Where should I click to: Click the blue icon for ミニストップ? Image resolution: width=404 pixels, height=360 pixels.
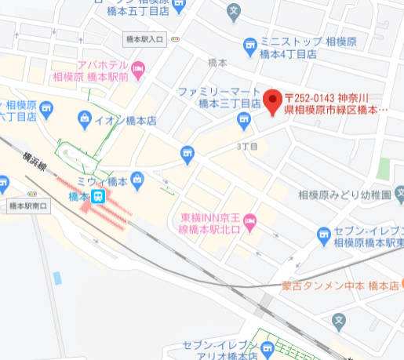coord(250,45)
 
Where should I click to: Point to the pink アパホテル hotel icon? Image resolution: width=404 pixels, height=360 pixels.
coord(139,70)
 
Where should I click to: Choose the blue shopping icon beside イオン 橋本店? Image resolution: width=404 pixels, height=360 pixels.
coord(86,120)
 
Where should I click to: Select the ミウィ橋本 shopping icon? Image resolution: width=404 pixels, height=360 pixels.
coord(136,180)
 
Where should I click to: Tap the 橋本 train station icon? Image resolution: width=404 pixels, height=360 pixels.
coord(98,197)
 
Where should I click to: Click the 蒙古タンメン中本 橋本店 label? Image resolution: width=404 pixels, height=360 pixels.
coord(340,286)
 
